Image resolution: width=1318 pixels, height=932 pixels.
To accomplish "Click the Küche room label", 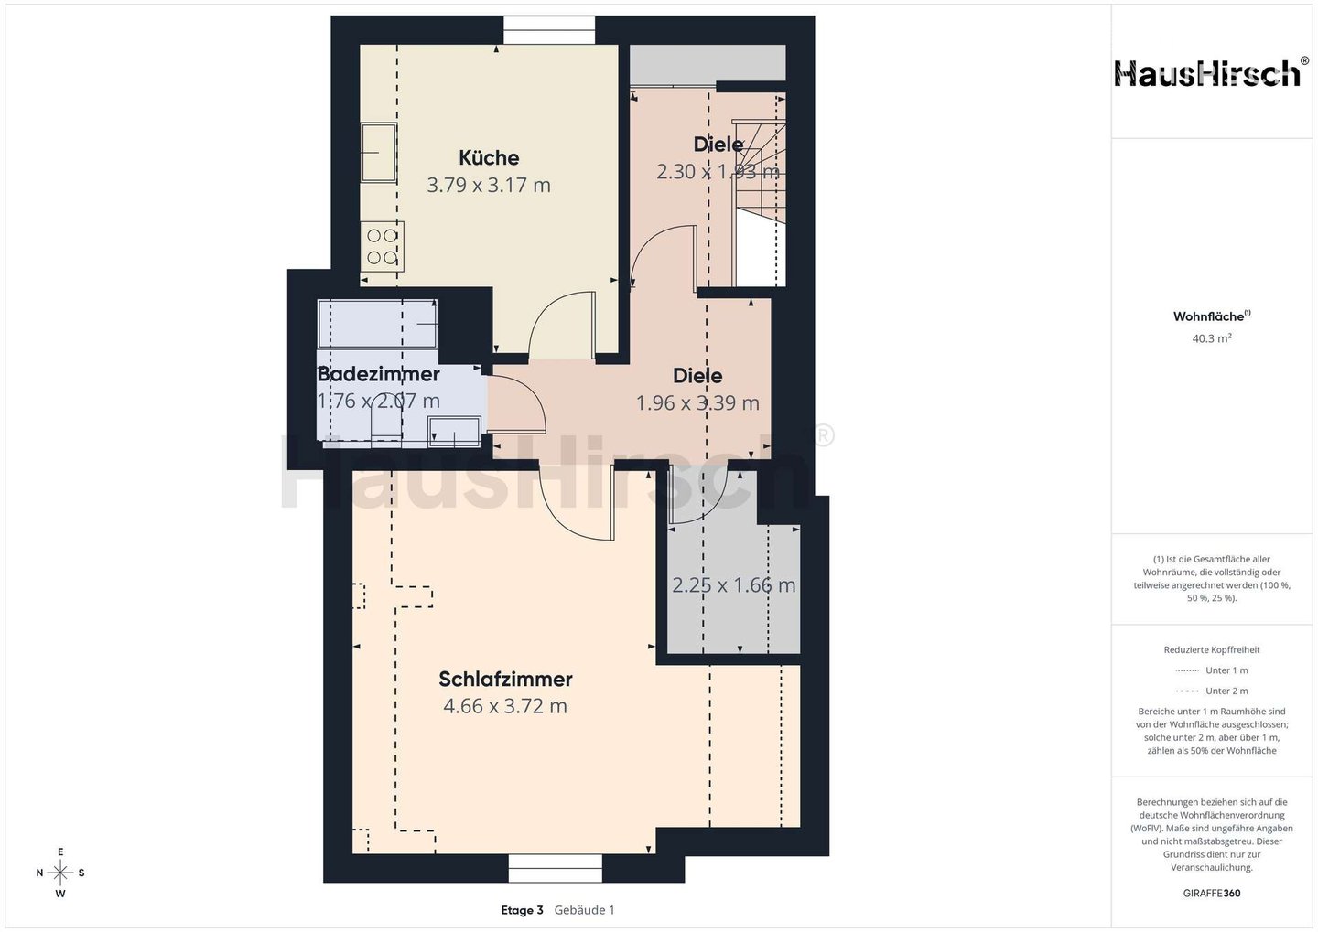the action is point(489,157).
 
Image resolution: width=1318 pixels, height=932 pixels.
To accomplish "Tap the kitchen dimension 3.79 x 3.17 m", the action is point(489,186).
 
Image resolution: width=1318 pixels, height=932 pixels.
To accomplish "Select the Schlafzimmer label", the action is point(505,680).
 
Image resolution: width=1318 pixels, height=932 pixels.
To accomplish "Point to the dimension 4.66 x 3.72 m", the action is point(505,705).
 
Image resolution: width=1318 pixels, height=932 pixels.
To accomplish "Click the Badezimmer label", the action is point(378,374).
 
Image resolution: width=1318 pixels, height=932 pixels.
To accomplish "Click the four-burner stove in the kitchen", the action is point(382,247).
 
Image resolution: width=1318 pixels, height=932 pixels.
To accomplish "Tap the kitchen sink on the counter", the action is point(378,153).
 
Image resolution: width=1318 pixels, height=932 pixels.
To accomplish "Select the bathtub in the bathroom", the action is point(378,324).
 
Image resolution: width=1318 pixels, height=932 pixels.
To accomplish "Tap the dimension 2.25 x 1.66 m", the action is point(734,585).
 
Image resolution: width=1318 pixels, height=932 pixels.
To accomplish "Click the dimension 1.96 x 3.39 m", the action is point(697,402).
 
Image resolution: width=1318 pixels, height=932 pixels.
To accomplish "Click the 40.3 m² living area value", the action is point(1212,338).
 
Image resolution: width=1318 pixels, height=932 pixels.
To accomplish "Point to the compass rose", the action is point(60,873).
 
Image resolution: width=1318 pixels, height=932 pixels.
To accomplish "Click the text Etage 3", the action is point(522,910).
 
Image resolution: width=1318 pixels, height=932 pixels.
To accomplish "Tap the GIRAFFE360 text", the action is point(1212,894).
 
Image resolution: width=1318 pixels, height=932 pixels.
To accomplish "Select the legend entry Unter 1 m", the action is point(1212,670).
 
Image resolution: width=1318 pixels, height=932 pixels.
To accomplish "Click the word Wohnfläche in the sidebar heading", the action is point(1208,316).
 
